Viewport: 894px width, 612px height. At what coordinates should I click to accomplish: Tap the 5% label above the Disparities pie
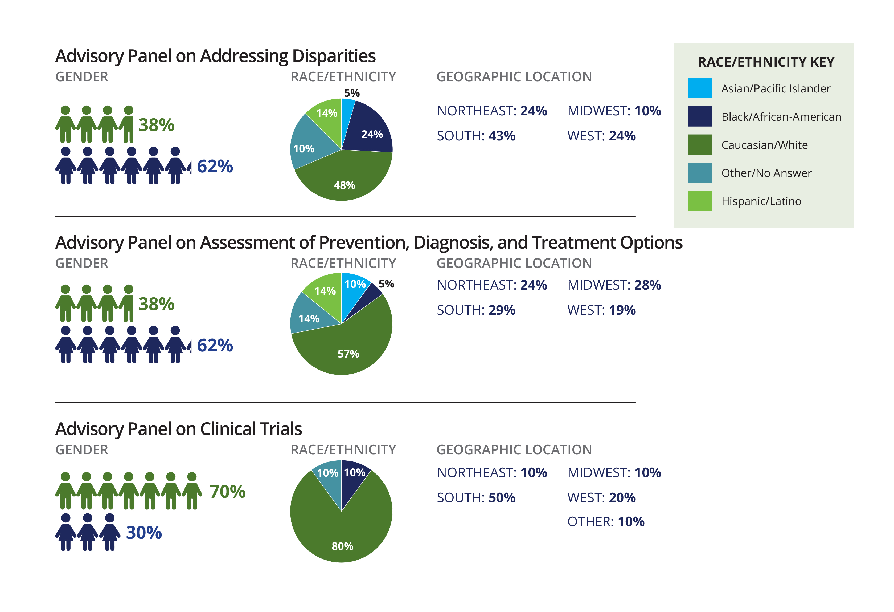[352, 93]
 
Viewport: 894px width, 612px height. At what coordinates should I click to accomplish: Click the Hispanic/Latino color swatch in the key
[699, 201]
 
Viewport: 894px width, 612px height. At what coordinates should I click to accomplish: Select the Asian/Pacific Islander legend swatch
[699, 88]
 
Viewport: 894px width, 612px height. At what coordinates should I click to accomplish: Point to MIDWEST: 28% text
[614, 285]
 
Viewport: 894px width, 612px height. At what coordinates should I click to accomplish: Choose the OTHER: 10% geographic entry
[605, 522]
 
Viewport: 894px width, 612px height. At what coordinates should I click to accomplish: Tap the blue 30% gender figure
[144, 533]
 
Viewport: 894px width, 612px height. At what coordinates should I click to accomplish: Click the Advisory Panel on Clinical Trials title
[178, 429]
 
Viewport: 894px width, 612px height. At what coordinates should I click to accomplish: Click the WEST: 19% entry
[601, 310]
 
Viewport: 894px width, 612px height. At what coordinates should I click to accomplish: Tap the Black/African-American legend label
[781, 117]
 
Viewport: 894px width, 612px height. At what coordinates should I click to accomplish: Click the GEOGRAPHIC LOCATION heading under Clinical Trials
[514, 449]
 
